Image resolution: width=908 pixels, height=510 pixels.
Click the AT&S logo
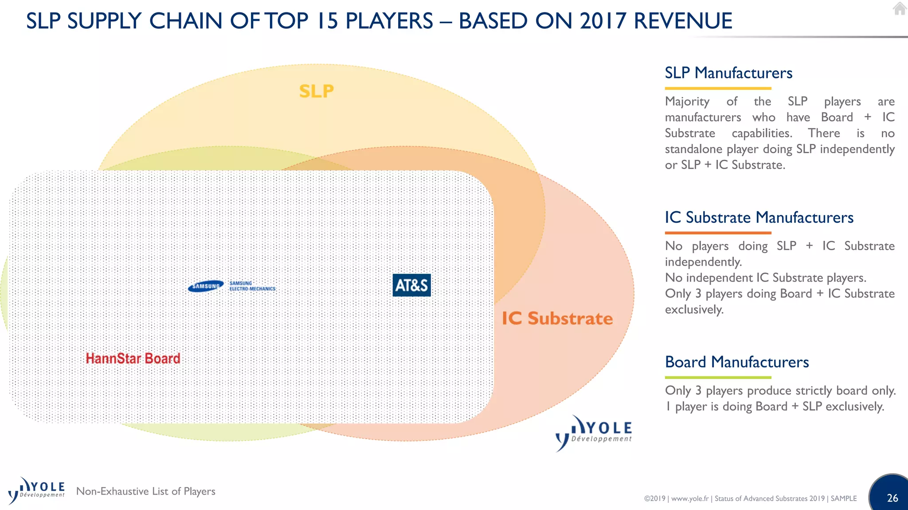(411, 285)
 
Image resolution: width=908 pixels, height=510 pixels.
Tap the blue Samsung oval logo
(206, 286)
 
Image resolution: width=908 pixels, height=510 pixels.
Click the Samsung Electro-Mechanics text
(252, 286)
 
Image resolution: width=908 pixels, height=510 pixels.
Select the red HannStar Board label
(133, 358)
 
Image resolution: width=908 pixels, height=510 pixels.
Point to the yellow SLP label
(316, 91)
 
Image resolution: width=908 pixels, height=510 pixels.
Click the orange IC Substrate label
(557, 318)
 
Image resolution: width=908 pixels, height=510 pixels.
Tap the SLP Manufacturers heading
(728, 73)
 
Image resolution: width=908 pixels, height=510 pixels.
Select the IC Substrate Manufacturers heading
(759, 217)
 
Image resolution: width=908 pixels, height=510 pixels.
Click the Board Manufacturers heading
(736, 362)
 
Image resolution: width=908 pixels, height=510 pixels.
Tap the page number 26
(892, 498)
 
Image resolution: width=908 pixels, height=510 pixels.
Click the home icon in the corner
(899, 8)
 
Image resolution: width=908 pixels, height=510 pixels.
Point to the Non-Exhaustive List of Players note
(145, 491)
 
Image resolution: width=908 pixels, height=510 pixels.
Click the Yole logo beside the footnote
(36, 491)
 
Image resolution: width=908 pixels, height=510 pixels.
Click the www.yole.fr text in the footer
(689, 498)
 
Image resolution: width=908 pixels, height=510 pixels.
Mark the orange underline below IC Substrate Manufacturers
(718, 233)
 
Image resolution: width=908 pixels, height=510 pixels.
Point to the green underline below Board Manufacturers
(718, 378)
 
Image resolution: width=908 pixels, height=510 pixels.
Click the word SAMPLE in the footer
(843, 498)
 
